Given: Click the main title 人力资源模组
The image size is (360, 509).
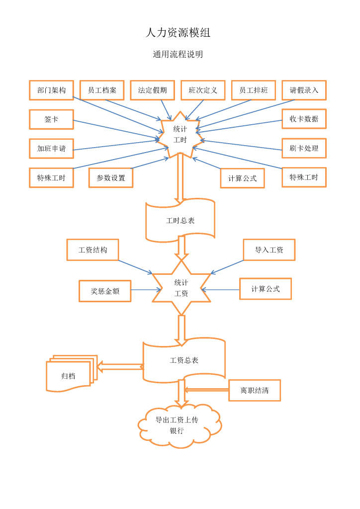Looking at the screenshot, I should [178, 33].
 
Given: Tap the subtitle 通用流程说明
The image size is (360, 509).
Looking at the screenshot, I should [178, 55].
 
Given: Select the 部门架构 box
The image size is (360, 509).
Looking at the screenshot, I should [51, 90].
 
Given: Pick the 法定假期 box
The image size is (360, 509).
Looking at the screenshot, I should [152, 90].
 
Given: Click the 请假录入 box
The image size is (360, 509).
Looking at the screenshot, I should [304, 90].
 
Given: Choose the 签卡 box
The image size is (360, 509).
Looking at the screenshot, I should [51, 119].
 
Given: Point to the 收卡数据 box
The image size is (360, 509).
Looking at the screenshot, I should [304, 119].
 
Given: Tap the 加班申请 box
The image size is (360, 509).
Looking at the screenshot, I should [51, 148].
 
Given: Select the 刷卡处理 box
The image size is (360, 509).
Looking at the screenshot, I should [304, 148].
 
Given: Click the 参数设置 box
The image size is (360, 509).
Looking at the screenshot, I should [111, 177].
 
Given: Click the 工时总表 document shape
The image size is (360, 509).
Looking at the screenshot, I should [180, 220].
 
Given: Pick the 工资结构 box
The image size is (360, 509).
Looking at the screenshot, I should [92, 250].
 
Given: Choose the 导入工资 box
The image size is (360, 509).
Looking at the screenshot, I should [269, 250].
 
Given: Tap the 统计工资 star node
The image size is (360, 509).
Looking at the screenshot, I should [181, 288].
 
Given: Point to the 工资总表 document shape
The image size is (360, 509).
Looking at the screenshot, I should [184, 360].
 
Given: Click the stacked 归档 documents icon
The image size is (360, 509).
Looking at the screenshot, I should [70, 374].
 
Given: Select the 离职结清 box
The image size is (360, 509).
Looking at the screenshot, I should [255, 390].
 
